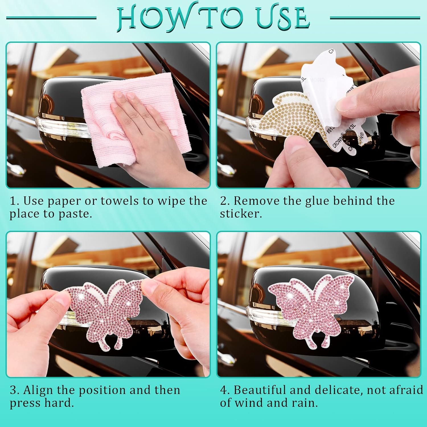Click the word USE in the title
click(282, 18)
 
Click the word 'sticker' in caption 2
click(240, 214)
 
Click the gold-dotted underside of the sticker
click(288, 114)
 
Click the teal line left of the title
click(51, 18)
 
